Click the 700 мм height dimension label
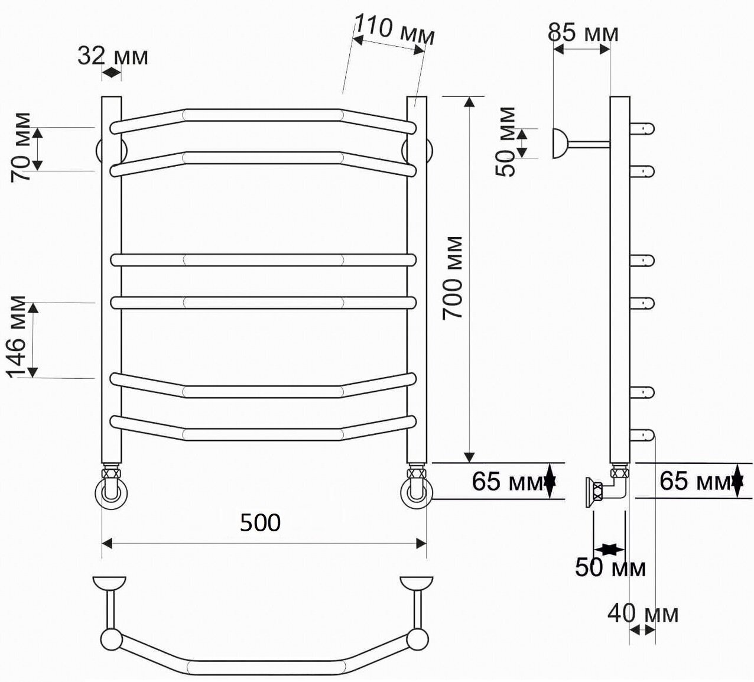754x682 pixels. click(x=452, y=278)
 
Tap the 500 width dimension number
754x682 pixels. click(x=260, y=522)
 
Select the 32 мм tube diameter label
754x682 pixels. click(x=113, y=56)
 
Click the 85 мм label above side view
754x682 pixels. click(x=583, y=33)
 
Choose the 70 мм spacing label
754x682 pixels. click(x=21, y=147)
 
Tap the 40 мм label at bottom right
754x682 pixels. click(x=643, y=613)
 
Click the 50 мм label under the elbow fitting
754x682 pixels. click(x=610, y=567)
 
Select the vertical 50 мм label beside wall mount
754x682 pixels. click(x=505, y=142)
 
